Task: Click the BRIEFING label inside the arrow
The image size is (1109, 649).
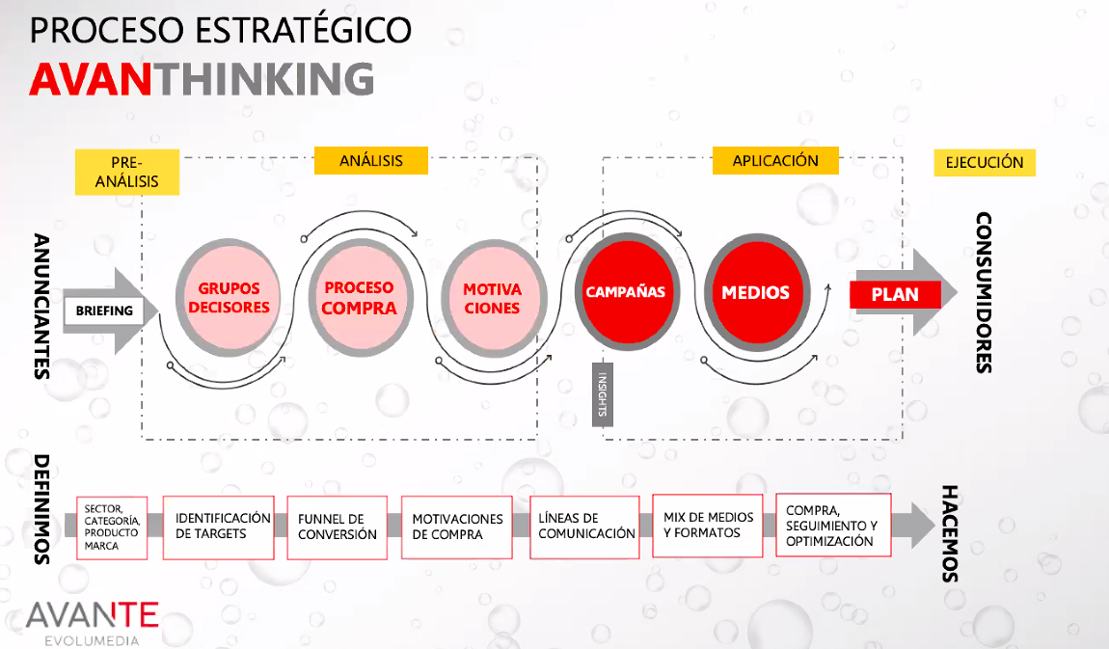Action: [x=104, y=311]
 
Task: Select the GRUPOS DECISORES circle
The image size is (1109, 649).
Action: [x=229, y=298]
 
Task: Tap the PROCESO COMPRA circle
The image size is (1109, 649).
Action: [x=360, y=298]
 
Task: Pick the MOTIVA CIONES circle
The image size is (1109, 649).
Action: [x=492, y=298]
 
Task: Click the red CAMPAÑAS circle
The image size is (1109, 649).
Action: [x=626, y=291]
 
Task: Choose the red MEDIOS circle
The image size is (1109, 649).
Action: [x=756, y=292]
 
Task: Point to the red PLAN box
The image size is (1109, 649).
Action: [x=896, y=294]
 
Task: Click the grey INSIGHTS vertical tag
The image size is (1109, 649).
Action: [x=603, y=394]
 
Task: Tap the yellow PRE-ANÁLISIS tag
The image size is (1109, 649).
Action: [x=127, y=172]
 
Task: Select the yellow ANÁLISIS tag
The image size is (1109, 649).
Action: [x=371, y=160]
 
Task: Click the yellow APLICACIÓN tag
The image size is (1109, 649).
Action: [x=775, y=160]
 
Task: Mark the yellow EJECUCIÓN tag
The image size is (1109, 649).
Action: [x=985, y=163]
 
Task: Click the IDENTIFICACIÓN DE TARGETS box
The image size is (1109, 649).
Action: [x=219, y=527]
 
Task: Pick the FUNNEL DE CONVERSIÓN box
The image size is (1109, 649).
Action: [x=338, y=527]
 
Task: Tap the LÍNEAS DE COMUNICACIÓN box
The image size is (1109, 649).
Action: [x=585, y=527]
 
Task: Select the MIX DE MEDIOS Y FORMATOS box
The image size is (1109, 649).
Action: [x=708, y=526]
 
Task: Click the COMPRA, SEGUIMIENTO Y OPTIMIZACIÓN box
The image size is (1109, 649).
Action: [x=833, y=526]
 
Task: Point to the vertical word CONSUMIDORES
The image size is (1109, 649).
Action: [x=983, y=292]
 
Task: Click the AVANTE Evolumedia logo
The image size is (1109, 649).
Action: [x=92, y=622]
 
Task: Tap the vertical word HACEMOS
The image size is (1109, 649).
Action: [x=949, y=534]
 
